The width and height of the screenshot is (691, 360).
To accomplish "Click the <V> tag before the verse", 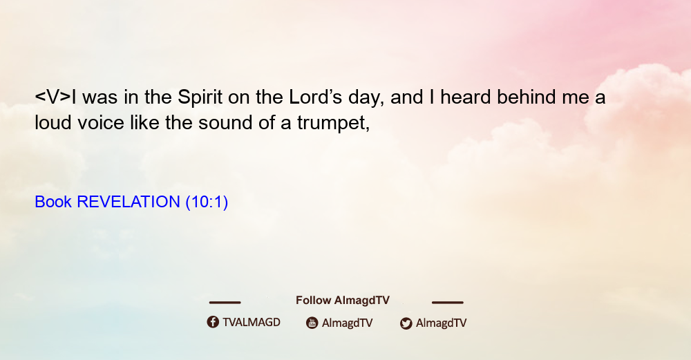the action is coord(53,97).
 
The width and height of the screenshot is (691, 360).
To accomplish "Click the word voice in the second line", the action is coord(101,123).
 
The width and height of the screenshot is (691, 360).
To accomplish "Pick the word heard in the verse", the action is coord(465,97).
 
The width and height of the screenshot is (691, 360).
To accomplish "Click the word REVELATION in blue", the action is coord(129,202).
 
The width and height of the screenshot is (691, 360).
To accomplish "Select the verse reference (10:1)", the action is coord(207,202).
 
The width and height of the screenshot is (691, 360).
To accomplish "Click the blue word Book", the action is coord(53,202).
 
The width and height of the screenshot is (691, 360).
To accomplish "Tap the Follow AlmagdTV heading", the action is coord(343,301).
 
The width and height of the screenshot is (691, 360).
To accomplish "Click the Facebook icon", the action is coord(213,322).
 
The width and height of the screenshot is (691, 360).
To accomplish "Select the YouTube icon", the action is coord(312,323).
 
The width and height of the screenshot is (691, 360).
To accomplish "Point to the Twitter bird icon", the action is coord(406,323).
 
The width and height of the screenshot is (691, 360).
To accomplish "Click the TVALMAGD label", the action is coord(252,323).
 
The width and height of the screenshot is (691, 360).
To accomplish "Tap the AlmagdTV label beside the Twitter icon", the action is coord(441,323).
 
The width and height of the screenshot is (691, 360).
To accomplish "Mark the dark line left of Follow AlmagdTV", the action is coord(225,303).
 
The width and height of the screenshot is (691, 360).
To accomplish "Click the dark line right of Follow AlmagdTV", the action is coord(448,303).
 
